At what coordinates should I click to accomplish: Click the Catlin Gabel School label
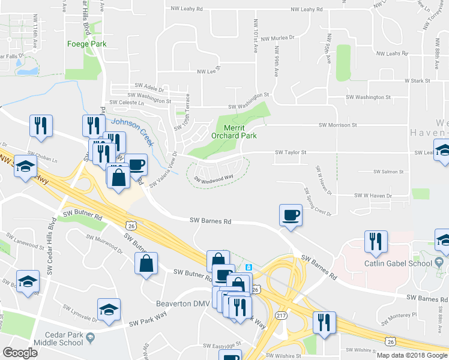coord(398,263)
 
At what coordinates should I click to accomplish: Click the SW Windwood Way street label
coord(213,178)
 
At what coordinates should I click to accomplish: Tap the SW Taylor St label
coord(291,152)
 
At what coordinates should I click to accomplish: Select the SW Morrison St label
coord(337,125)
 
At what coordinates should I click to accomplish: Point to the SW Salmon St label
coord(388,172)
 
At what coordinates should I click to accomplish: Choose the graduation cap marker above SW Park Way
coord(109,310)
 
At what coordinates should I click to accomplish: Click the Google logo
coord(20,353)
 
